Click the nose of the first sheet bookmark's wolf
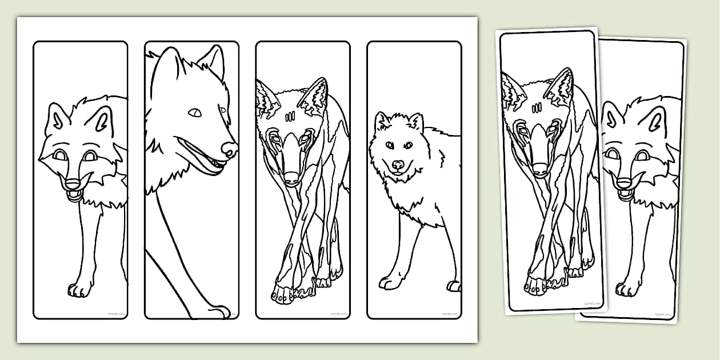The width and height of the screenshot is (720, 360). click(x=73, y=184)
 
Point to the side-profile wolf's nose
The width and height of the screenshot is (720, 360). click(x=230, y=149)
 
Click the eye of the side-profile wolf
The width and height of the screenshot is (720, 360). click(x=195, y=113)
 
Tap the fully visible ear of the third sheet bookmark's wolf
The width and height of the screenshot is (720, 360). click(x=314, y=95)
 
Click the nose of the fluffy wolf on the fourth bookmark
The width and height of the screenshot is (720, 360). click(x=398, y=165)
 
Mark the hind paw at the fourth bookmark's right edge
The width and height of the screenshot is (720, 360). click(x=454, y=286)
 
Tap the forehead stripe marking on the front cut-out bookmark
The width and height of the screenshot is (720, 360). click(x=537, y=107)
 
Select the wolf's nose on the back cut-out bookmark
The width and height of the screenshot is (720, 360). click(x=624, y=184)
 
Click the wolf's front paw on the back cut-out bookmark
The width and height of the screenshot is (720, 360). click(x=629, y=289)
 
